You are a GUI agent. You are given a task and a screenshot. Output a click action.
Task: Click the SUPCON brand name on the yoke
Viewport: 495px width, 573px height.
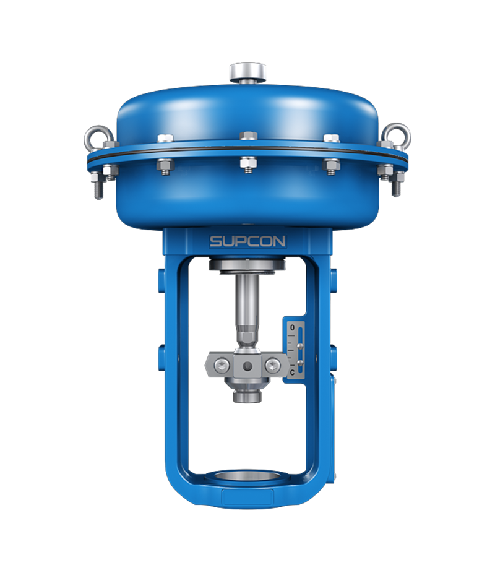point(247,241)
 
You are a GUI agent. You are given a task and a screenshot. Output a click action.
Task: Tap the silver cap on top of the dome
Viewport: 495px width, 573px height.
point(247,72)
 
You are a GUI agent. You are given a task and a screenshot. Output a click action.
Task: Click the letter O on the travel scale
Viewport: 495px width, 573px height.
point(292,328)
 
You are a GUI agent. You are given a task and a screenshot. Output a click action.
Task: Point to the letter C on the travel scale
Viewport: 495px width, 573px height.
point(292,373)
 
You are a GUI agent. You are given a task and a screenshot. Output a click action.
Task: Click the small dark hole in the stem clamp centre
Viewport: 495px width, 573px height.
point(247,366)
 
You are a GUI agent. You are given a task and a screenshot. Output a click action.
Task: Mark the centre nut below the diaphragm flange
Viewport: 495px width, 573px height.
point(248,164)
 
